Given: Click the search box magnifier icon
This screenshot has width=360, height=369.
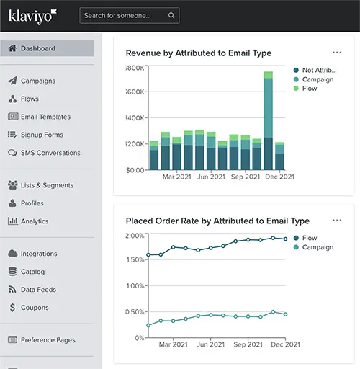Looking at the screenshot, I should (171, 15).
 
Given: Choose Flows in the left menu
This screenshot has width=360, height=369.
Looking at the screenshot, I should (30, 99).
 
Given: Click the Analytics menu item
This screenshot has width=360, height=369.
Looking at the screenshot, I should (35, 221).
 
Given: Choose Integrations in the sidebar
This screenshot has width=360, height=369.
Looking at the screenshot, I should (39, 254).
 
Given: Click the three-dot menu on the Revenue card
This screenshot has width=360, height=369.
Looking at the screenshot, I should (337, 53).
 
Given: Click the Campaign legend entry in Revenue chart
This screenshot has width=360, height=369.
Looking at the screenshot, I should (318, 79).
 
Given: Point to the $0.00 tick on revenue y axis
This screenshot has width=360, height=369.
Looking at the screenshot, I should (135, 171).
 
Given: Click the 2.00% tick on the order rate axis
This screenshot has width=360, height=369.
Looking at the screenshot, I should (135, 236).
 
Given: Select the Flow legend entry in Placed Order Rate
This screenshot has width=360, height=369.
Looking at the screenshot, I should (310, 238).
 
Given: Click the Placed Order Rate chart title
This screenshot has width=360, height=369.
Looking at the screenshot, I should (217, 221).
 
